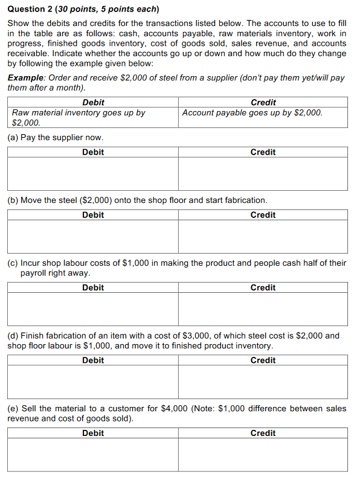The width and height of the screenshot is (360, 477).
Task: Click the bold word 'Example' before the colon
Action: pyautogui.click(x=26, y=78)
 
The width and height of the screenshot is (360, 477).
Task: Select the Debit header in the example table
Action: pyautogui.click(x=93, y=102)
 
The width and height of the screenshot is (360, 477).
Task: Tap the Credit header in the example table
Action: pyautogui.click(x=263, y=102)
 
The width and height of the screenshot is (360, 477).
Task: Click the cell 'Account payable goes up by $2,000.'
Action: pyautogui.click(x=252, y=113)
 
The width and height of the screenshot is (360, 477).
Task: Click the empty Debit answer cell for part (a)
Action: pyautogui.click(x=93, y=173)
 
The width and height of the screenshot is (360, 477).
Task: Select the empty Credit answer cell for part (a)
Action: pyautogui.click(x=263, y=173)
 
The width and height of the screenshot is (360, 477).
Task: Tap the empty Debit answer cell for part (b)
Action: pyautogui.click(x=93, y=236)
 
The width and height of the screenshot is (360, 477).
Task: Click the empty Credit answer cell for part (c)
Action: pyautogui.click(x=263, y=309)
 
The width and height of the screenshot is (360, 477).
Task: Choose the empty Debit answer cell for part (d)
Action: pyautogui.click(x=93, y=382)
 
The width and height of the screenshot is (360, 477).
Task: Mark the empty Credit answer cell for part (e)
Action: pyautogui.click(x=263, y=454)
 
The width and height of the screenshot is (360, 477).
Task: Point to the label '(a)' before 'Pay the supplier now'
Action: pyautogui.click(x=13, y=138)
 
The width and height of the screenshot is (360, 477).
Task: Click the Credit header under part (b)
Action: pyautogui.click(x=263, y=215)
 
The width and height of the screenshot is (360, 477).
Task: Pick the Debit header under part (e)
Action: pyautogui.click(x=93, y=433)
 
